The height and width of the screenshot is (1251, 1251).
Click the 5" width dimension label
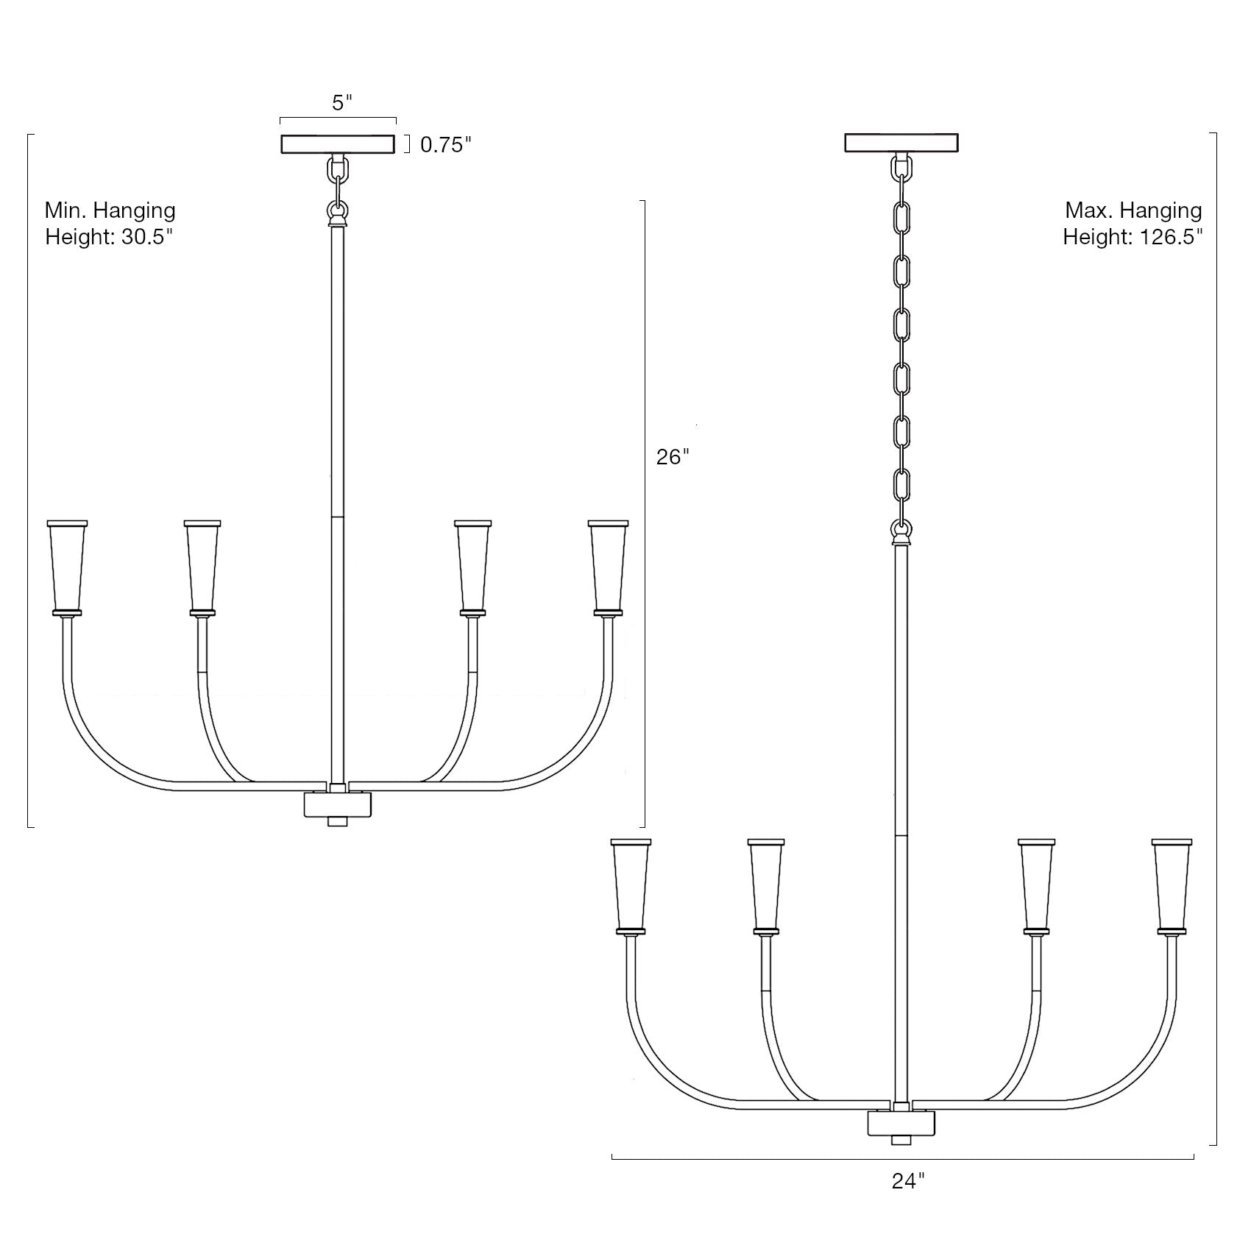tap(342, 103)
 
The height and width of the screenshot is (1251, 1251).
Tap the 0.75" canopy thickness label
tap(445, 145)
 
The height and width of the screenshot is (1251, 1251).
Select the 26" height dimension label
tap(673, 457)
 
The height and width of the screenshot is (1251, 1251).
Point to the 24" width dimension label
tap(908, 1202)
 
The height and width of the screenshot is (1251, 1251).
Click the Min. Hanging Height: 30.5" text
tap(110, 224)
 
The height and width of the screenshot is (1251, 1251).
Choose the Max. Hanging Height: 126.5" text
tap(1133, 224)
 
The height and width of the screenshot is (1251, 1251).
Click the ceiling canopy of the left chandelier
tap(338, 144)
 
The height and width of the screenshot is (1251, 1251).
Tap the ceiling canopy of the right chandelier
tap(901, 143)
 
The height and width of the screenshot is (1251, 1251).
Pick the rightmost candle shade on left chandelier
tap(608, 567)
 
